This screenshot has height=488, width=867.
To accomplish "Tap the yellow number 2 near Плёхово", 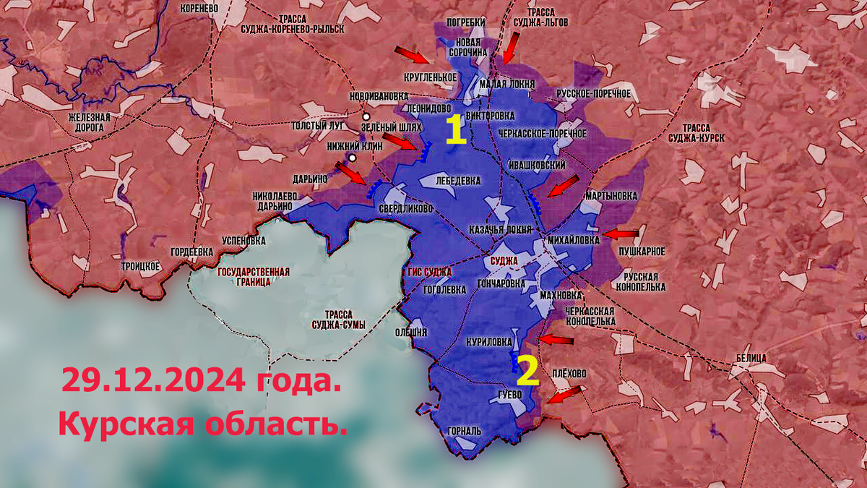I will [527, 371].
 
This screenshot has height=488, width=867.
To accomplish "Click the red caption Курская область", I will [203, 424].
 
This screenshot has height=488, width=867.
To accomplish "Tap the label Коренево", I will [201, 8].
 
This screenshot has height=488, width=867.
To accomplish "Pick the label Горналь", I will [464, 431].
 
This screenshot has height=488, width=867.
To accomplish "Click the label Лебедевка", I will [459, 180].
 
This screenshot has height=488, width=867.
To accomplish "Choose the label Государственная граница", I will [253, 277].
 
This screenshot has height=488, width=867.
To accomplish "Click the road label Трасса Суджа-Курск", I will [696, 130].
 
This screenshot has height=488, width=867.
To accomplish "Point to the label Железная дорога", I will [89, 122].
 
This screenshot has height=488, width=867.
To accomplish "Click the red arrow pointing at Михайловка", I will [621, 234].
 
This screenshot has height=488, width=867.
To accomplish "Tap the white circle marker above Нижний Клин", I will [352, 158].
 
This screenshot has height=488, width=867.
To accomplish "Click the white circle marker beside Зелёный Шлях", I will [366, 116].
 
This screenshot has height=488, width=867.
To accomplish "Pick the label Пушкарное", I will [642, 251].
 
